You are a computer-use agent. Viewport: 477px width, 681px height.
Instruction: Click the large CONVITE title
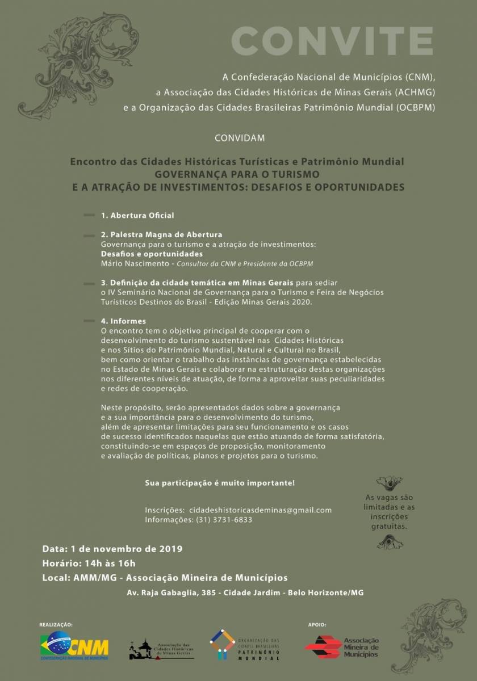click(332, 40)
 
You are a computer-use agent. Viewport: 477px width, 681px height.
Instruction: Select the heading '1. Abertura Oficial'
click(137, 216)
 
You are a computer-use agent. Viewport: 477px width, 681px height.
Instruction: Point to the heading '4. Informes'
click(123, 321)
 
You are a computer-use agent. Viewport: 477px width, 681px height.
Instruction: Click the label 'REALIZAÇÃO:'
click(56, 624)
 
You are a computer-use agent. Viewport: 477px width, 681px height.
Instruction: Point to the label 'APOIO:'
click(317, 624)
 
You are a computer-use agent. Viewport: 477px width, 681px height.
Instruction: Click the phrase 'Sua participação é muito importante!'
click(220, 483)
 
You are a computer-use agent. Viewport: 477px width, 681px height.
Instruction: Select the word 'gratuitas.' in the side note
click(390, 526)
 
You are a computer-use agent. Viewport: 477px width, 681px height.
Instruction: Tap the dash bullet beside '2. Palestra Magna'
click(89, 236)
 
